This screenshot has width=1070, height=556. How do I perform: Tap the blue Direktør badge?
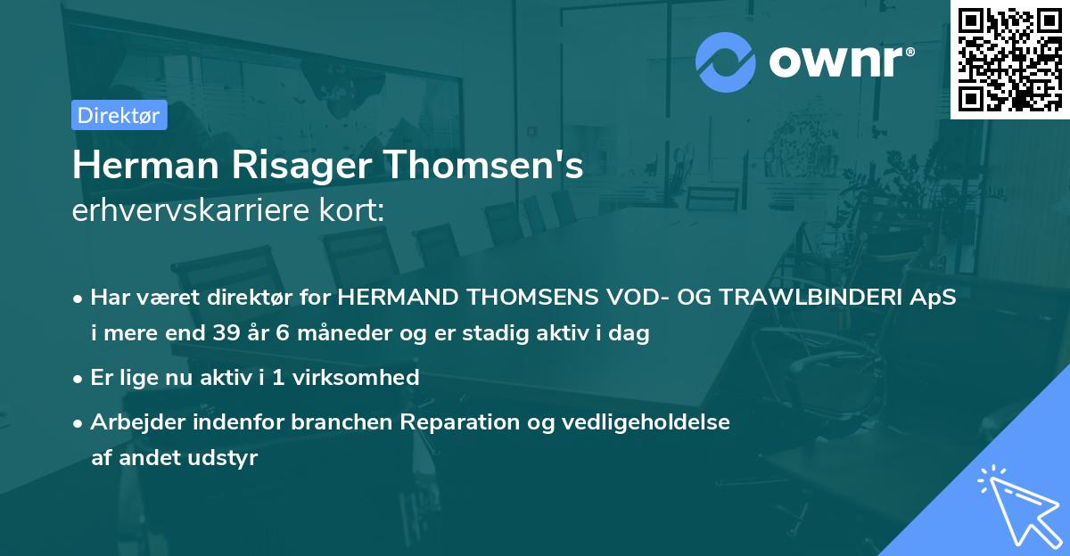[119, 115]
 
